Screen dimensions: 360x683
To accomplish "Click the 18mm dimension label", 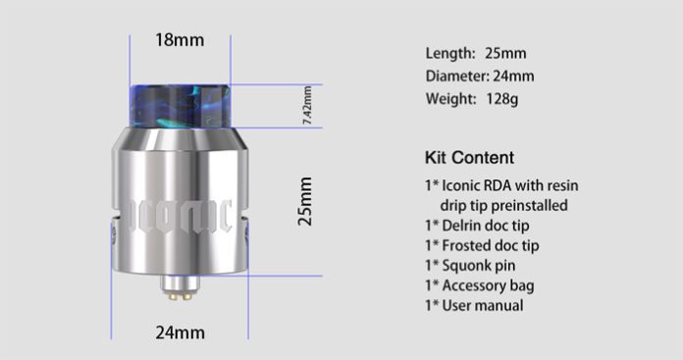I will (180, 41).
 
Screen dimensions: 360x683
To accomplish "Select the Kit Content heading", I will (469, 157).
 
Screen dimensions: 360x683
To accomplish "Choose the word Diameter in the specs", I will (455, 76).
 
